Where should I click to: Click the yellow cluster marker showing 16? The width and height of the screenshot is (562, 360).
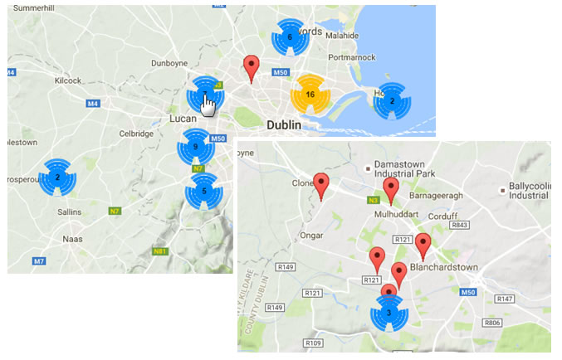click(x=310, y=95)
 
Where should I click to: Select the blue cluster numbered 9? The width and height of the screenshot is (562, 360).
click(x=195, y=147)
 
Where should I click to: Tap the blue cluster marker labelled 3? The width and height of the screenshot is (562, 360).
click(x=389, y=313)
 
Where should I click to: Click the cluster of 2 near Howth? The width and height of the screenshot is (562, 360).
click(x=392, y=101)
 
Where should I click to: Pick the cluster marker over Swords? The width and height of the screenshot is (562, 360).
click(x=290, y=37)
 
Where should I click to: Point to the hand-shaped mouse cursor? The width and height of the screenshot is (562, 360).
click(x=210, y=106)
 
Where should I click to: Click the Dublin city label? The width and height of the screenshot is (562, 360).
click(x=287, y=124)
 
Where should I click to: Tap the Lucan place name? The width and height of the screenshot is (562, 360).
click(x=182, y=119)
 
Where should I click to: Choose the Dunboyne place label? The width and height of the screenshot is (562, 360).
click(x=170, y=63)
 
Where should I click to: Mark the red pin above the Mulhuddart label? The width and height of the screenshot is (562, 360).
click(x=391, y=186)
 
